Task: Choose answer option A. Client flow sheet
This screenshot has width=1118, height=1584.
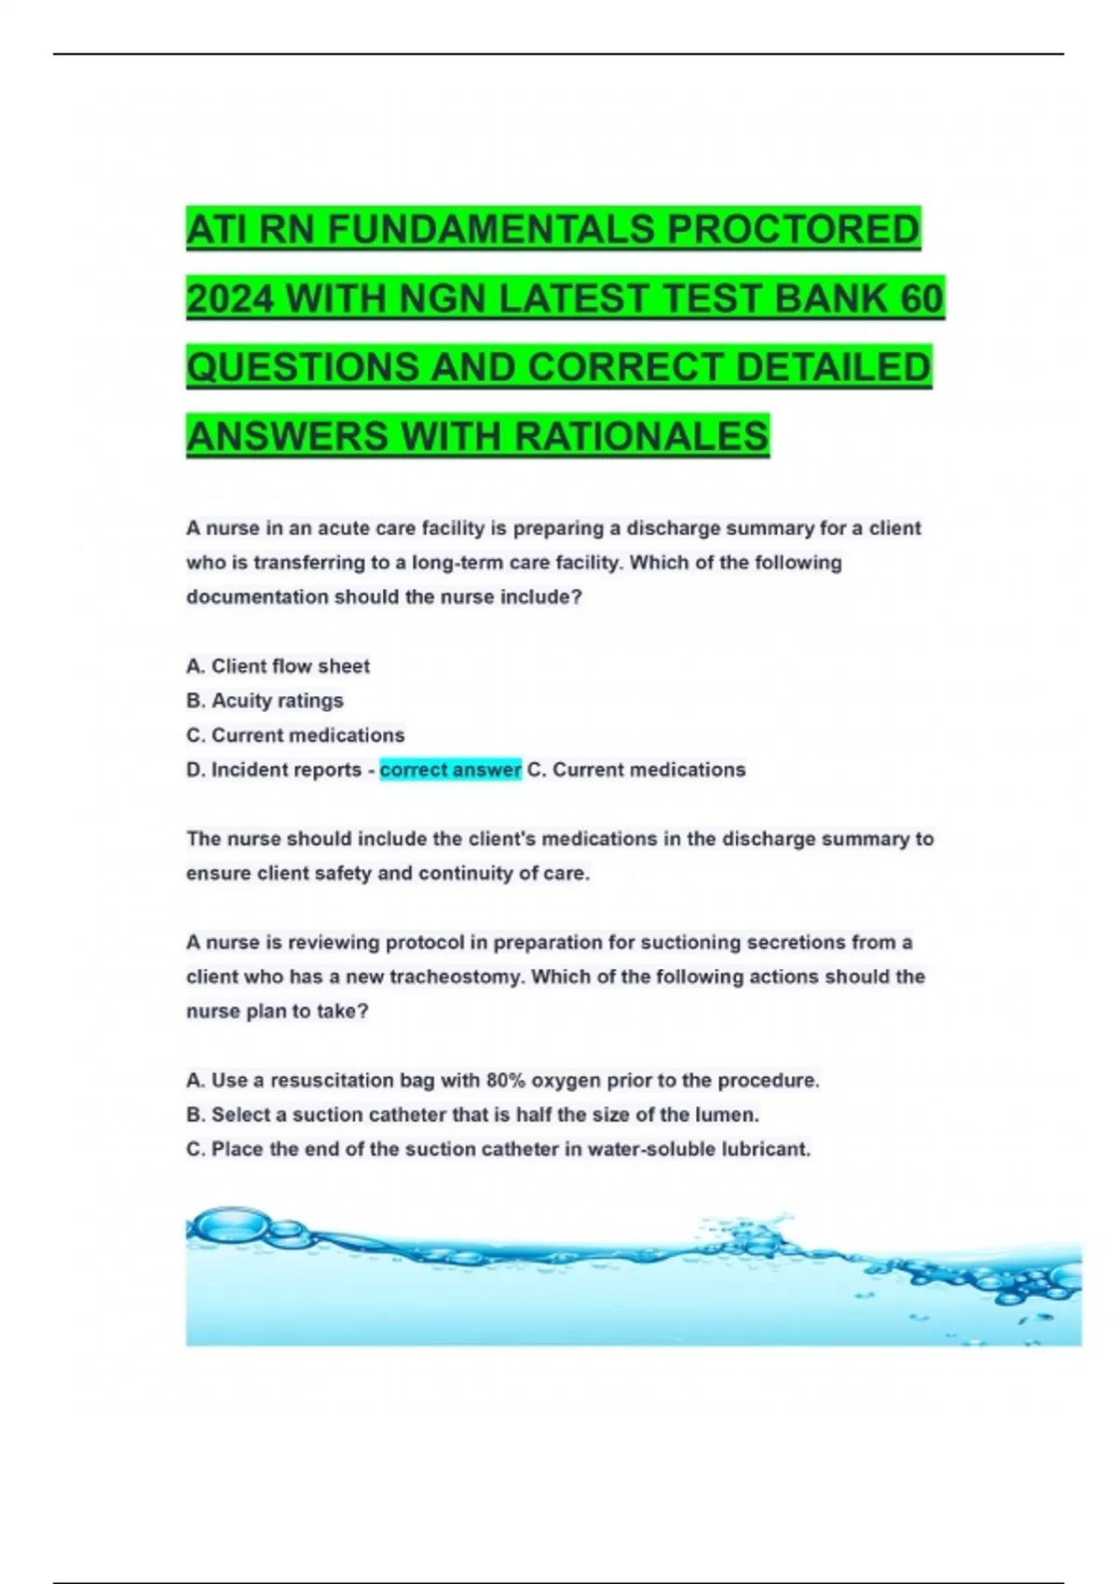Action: click(x=278, y=666)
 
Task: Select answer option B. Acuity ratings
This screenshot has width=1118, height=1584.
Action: click(x=265, y=701)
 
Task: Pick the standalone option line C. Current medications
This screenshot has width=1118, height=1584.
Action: click(x=295, y=735)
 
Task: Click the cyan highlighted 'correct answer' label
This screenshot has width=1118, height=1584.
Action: click(x=450, y=770)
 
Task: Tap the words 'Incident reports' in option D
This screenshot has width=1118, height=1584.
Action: click(x=286, y=770)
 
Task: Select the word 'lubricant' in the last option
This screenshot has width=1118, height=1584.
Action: click(x=770, y=1149)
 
